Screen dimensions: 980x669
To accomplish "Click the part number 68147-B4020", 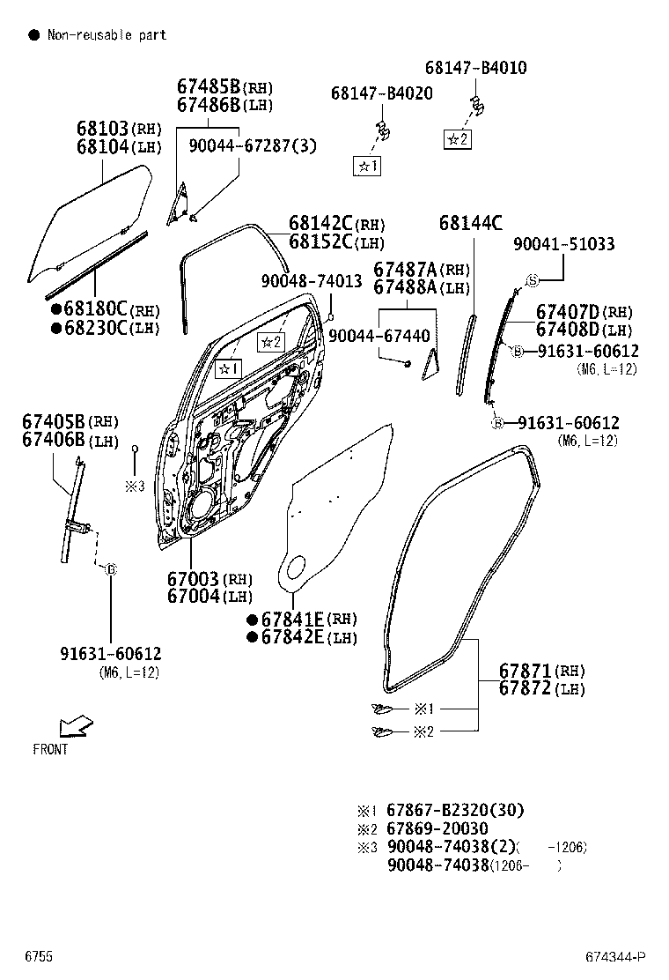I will point(381,93).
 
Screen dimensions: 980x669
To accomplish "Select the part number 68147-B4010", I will point(475,68).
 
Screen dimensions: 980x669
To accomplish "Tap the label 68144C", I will point(470,222).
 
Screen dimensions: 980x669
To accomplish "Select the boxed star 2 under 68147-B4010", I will point(457,138).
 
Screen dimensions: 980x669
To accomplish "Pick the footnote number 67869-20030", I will point(437,828).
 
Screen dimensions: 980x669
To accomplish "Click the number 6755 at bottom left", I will point(38,957).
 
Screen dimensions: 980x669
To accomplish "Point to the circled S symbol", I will point(532,280).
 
